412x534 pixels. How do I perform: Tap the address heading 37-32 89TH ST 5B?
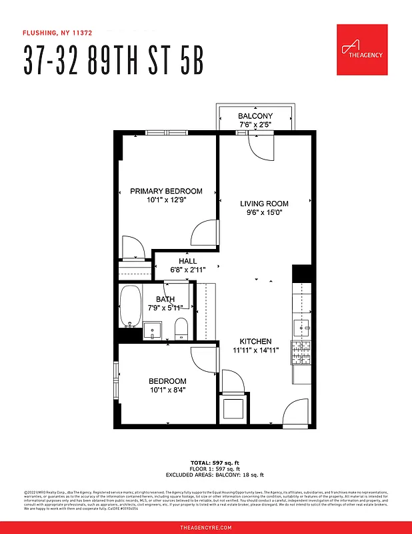113,61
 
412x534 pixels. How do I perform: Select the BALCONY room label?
255,116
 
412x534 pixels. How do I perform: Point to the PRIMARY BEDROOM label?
166,191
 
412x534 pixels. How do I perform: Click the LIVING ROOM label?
264,204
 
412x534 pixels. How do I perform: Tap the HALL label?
187,261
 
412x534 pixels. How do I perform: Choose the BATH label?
165,299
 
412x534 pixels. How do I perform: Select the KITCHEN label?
256,340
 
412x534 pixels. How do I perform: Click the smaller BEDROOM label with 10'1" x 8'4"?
167,381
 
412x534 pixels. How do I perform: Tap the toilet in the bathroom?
180,329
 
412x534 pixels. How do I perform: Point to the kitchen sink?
301,326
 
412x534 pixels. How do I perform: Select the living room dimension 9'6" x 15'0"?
264,214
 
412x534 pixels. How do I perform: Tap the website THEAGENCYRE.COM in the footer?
206,527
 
